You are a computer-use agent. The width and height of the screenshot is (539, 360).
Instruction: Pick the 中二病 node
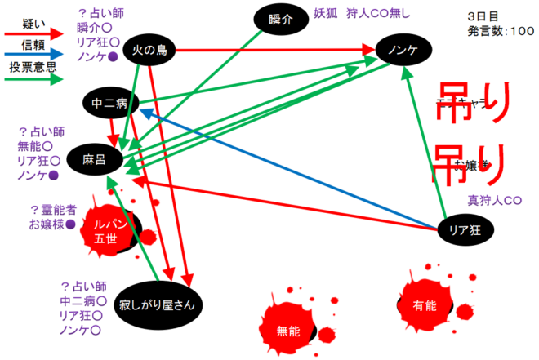click(x=109, y=104)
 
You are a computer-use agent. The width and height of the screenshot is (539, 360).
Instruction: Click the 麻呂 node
click(x=96, y=159)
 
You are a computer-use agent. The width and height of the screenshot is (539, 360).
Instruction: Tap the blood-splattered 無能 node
click(x=289, y=331)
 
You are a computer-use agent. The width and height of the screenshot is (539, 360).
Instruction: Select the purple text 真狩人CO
click(x=494, y=200)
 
